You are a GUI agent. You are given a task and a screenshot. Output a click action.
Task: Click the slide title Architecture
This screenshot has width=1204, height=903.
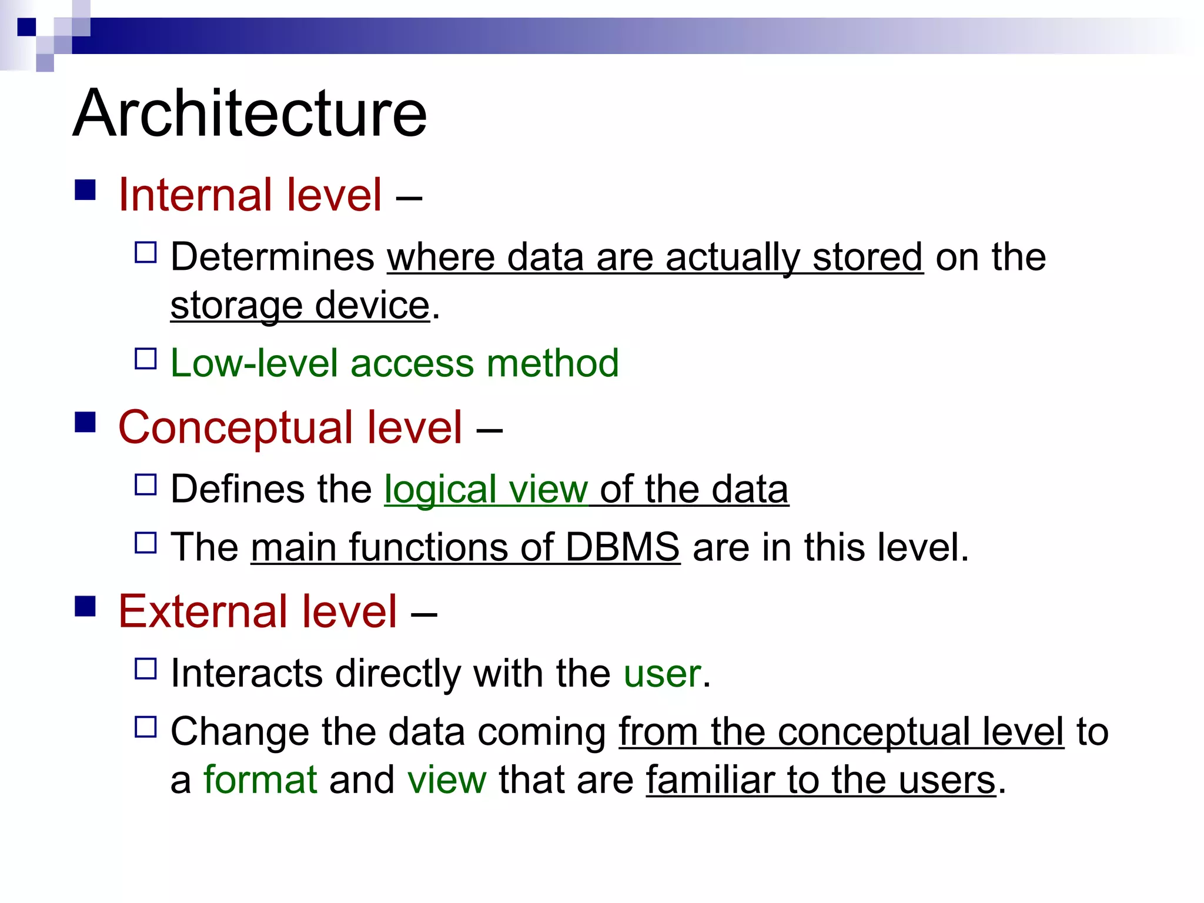(250, 113)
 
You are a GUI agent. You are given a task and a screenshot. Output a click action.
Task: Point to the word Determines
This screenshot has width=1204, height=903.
(272, 257)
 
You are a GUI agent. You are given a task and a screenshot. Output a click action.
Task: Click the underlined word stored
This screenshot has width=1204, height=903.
(867, 257)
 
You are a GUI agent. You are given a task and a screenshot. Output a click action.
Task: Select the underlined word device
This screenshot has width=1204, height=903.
(372, 306)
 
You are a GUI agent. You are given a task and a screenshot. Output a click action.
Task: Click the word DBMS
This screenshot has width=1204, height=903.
(622, 547)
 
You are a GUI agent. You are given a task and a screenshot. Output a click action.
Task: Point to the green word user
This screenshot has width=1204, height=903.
(662, 674)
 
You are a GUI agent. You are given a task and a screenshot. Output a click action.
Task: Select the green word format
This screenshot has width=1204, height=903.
(260, 780)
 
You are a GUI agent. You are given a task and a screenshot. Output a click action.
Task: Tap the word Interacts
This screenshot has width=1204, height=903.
(246, 673)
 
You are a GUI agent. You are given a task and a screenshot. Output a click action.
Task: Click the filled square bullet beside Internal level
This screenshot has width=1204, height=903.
(86, 190)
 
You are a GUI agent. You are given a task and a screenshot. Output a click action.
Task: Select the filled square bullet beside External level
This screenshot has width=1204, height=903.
(86, 606)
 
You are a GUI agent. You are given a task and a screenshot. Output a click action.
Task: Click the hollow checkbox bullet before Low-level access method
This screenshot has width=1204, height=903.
(145, 359)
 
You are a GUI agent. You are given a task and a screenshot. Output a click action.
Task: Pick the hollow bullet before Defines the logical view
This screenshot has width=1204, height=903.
(145, 485)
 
